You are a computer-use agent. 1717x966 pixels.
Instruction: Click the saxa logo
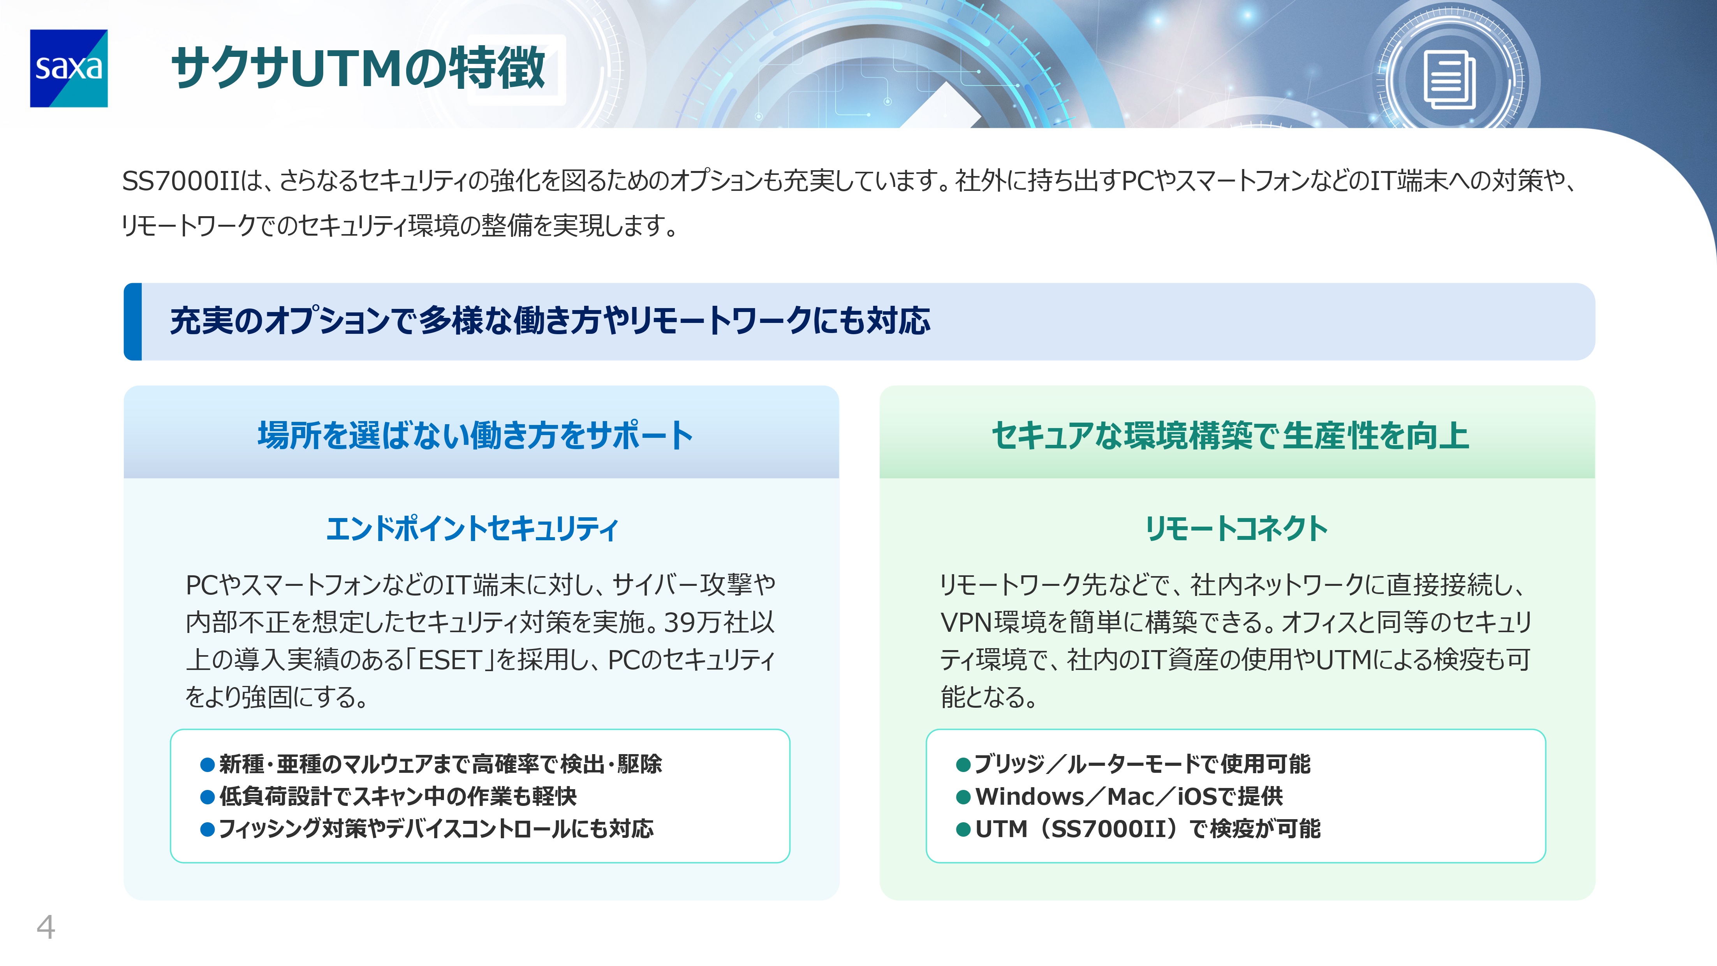pyautogui.click(x=69, y=68)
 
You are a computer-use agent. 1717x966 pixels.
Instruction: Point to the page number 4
pyautogui.click(x=45, y=927)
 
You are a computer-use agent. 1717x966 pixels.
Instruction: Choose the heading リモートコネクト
pyautogui.click(x=1236, y=529)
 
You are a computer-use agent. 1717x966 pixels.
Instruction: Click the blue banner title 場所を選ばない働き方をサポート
pyautogui.click(x=475, y=435)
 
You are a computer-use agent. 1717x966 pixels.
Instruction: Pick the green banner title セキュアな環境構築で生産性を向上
pyautogui.click(x=1231, y=435)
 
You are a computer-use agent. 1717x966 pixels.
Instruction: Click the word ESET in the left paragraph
pyautogui.click(x=450, y=660)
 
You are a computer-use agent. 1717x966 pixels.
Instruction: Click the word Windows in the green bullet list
pyautogui.click(x=1030, y=797)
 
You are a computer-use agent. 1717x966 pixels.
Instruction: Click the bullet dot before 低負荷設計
pyautogui.click(x=207, y=797)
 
